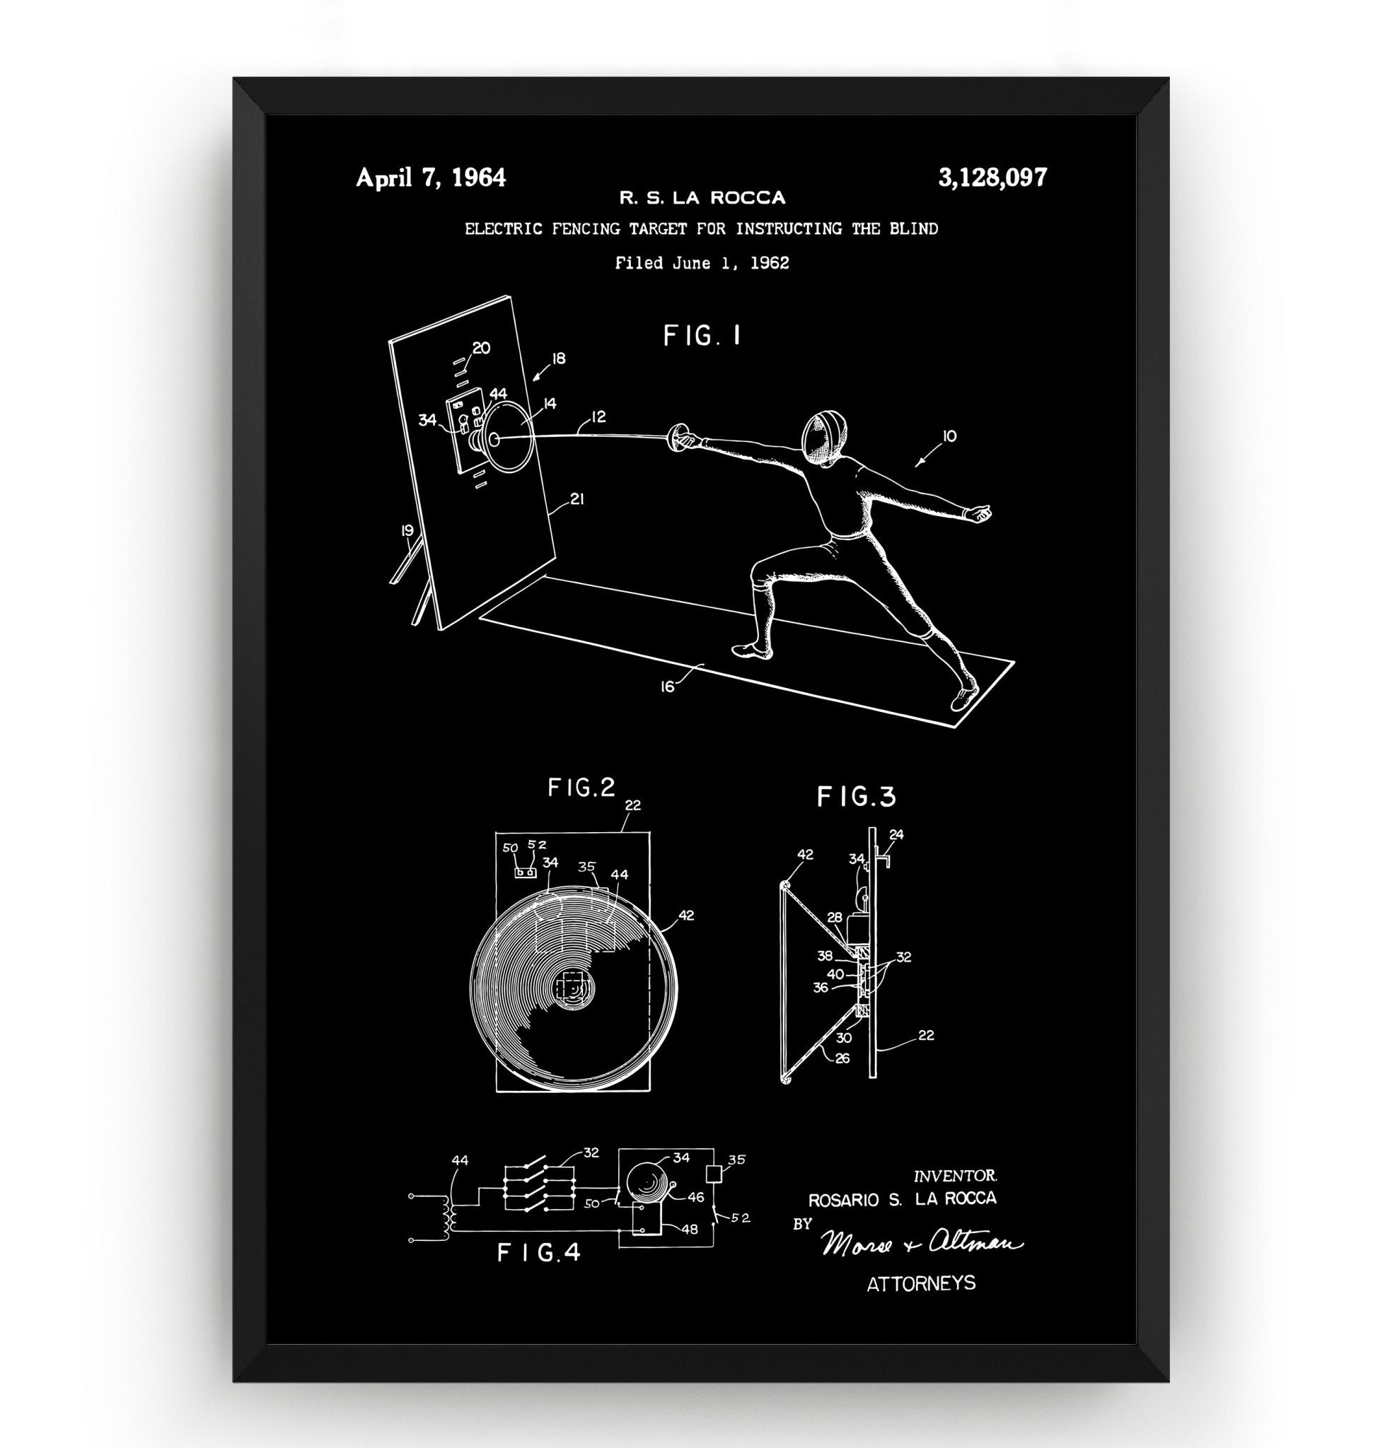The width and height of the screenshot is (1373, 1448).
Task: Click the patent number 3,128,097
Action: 992,177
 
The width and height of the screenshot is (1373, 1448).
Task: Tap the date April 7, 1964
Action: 430,177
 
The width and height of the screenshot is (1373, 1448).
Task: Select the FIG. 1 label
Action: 702,336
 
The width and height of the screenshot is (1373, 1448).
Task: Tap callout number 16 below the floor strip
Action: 667,687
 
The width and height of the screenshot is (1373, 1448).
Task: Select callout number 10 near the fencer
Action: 949,437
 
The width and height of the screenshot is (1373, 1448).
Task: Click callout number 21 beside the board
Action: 577,499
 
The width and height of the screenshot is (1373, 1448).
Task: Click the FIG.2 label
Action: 582,788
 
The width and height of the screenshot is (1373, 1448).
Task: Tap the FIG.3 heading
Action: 857,796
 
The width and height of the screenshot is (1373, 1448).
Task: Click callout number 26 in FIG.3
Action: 842,1057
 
